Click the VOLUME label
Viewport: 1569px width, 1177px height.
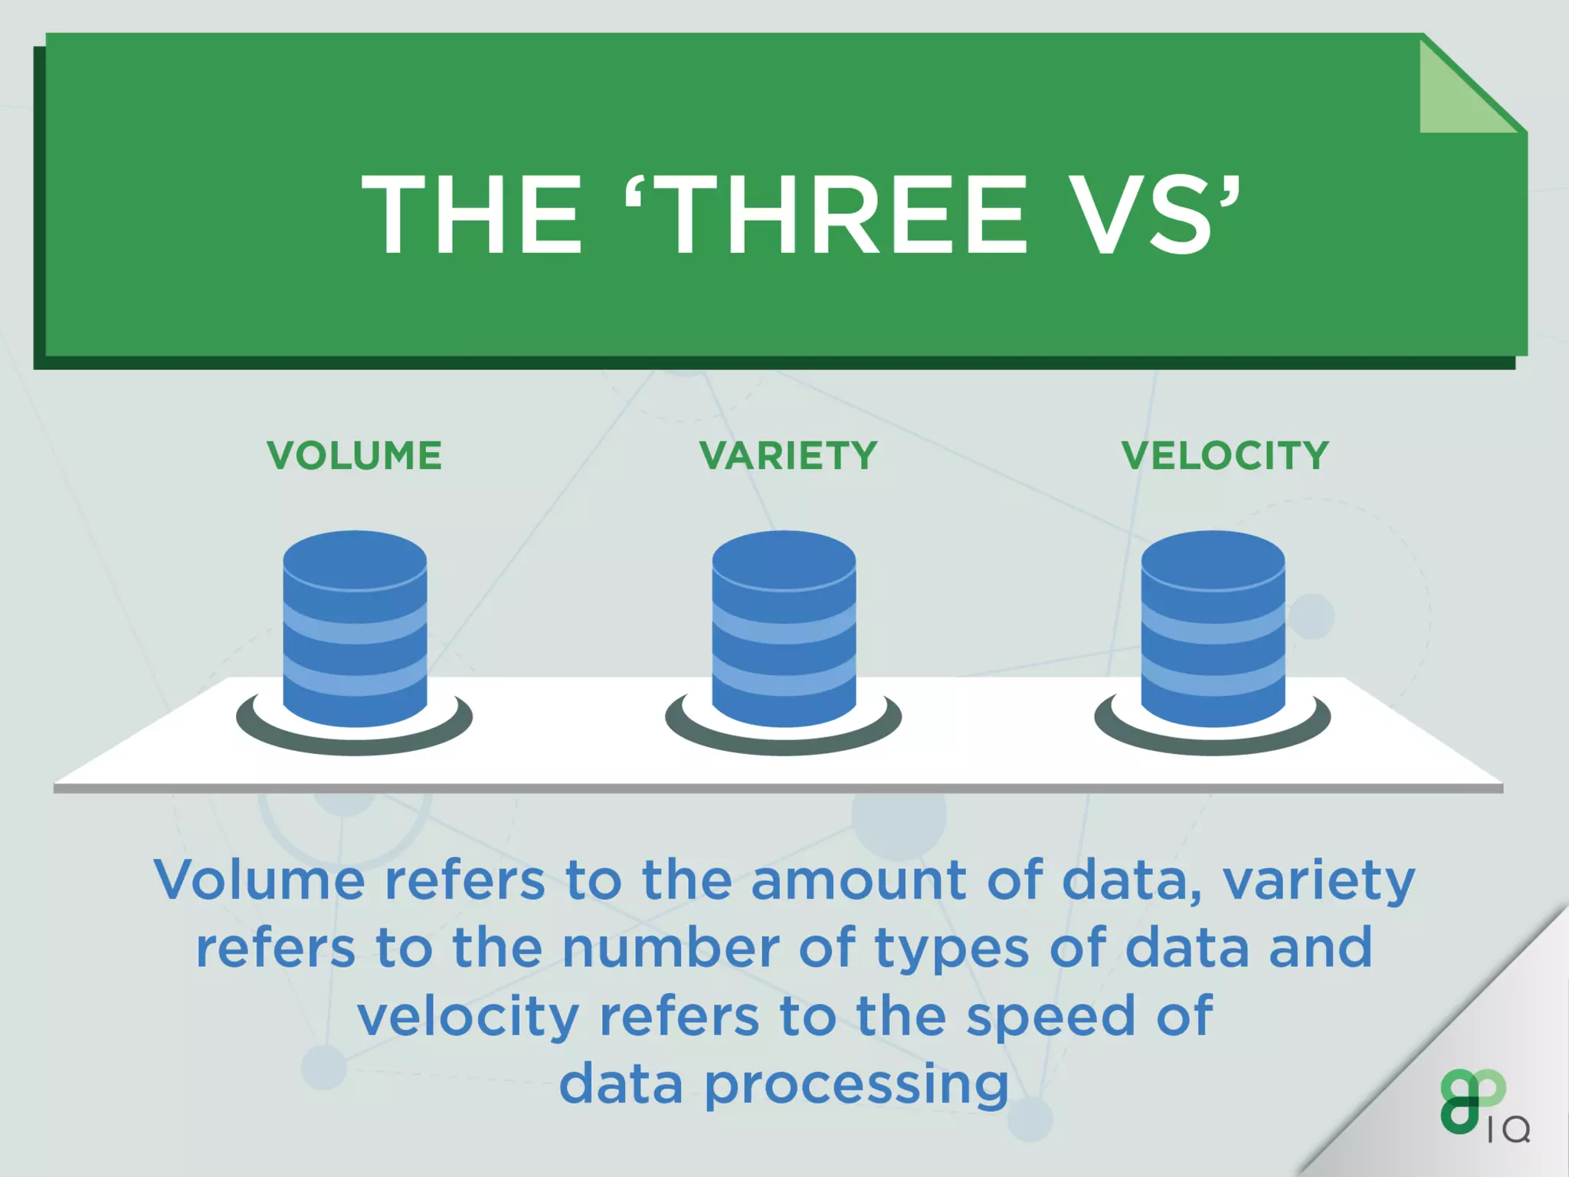(x=355, y=456)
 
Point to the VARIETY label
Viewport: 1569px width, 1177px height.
(x=788, y=456)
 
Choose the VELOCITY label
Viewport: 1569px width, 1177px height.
(x=1225, y=456)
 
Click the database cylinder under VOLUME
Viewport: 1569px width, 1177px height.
(x=355, y=628)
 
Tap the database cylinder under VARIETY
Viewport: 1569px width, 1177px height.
(x=784, y=628)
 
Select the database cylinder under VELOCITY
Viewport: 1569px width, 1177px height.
(x=1213, y=628)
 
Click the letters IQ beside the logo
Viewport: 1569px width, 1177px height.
(x=1508, y=1129)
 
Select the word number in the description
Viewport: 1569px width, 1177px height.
(x=670, y=948)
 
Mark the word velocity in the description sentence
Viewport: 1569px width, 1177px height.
(x=468, y=1016)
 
